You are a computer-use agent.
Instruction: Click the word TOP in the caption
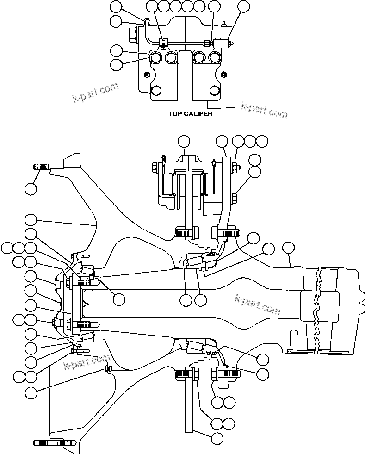(x=175, y=114)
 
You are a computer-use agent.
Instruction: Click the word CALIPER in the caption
(x=198, y=114)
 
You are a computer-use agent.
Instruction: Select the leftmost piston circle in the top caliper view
(x=156, y=57)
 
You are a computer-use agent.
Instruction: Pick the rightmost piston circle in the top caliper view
(x=214, y=57)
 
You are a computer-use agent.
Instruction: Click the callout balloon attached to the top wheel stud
(x=31, y=188)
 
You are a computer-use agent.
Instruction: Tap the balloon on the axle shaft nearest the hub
(x=119, y=299)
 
